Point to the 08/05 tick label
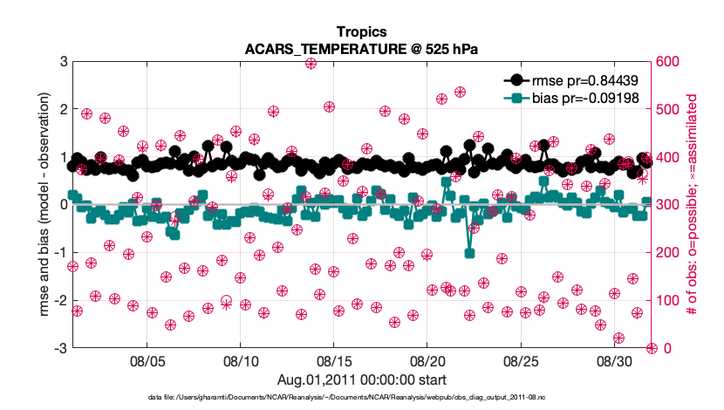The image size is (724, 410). tap(147, 361)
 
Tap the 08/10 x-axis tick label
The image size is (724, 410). tap(240, 361)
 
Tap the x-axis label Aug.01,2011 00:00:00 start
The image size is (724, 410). tap(362, 379)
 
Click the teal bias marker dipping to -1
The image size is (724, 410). tap(469, 253)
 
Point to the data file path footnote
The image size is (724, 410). tap(361, 398)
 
